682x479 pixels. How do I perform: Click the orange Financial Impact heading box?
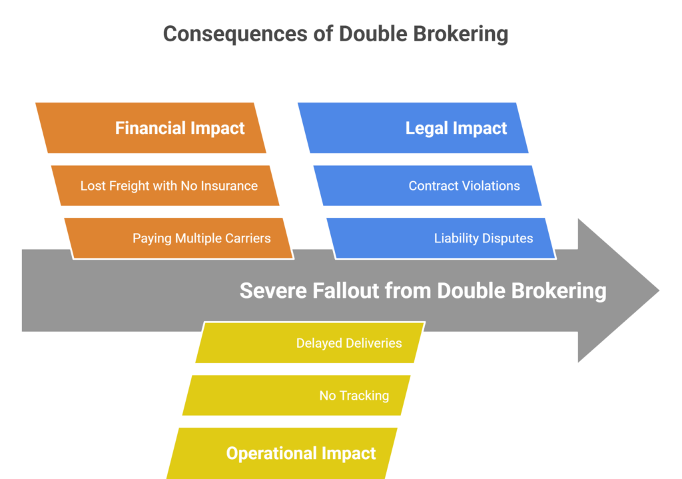coord(151,128)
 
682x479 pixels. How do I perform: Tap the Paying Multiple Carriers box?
coord(180,238)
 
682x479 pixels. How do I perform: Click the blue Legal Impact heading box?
coord(413,128)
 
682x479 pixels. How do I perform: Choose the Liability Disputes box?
coord(441,238)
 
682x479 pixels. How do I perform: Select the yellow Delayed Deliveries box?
coord(310,343)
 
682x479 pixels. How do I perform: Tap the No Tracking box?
coord(296,395)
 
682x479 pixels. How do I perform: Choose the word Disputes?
coord(508,238)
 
